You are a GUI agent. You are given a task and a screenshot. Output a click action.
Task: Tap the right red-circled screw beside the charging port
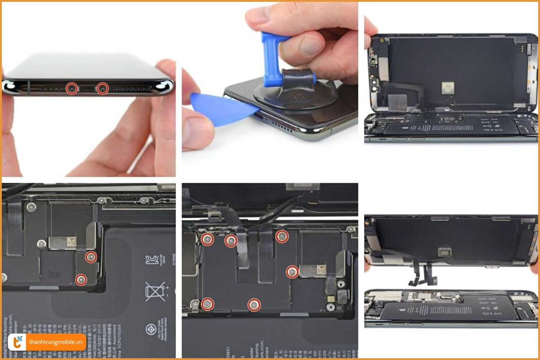click(x=103, y=88)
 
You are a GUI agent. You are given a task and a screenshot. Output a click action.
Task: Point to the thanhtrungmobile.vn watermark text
click(x=56, y=342)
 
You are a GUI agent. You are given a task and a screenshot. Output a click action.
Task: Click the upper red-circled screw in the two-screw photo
click(x=91, y=257)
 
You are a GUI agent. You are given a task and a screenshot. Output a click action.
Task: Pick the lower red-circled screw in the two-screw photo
click(x=81, y=279)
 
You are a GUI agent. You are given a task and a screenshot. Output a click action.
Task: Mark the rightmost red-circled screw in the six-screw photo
click(x=292, y=271)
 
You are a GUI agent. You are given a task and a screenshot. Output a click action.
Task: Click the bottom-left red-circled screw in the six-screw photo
click(x=207, y=304)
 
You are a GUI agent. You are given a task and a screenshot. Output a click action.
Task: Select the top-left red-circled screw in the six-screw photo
click(x=207, y=239)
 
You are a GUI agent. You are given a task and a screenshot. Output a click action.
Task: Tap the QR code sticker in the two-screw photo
click(x=71, y=242)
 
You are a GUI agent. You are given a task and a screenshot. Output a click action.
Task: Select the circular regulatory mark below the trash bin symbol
click(x=152, y=329)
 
